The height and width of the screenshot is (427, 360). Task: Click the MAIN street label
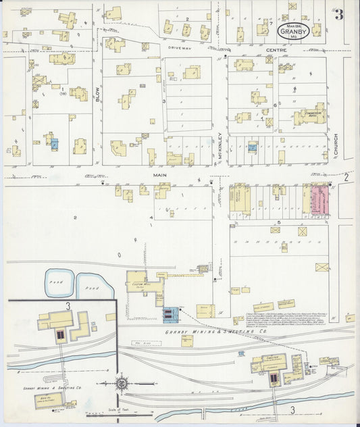pos(159,176)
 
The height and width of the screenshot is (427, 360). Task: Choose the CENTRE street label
pos(276,50)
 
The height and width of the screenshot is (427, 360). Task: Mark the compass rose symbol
pos(122,383)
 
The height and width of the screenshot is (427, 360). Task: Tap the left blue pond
pos(59,284)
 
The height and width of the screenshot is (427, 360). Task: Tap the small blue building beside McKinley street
pos(252,146)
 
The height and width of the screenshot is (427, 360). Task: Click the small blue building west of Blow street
pos(55,143)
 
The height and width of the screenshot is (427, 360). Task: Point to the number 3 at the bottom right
pos(293,409)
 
